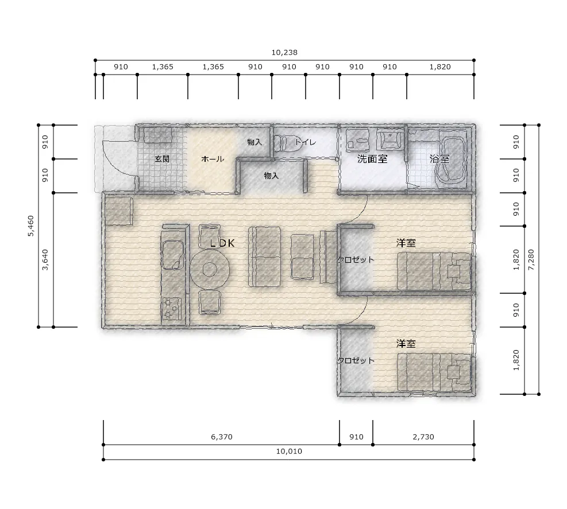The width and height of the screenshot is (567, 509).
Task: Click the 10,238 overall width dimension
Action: point(284,53)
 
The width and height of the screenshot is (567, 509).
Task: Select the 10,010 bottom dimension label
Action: point(289,452)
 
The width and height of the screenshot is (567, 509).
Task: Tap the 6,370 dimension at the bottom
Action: point(222,437)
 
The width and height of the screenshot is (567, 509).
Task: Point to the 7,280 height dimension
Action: point(531,260)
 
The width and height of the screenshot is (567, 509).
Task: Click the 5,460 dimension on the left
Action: point(31,226)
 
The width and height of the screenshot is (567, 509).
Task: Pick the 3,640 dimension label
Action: point(45,260)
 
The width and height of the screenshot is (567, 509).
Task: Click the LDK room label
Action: point(222,243)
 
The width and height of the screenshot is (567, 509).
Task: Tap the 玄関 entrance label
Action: point(162,158)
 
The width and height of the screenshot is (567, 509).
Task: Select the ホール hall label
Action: point(212,158)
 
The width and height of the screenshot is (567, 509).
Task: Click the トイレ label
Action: point(306,142)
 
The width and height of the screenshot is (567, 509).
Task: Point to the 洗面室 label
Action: point(372,158)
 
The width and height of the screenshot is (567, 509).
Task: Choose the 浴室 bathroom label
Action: point(439,158)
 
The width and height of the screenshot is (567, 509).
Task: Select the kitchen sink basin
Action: point(172,255)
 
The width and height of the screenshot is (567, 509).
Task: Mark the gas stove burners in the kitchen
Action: point(171,308)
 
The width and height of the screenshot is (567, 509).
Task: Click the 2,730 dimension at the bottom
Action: point(423,437)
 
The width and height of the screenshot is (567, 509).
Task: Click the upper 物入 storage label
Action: point(254,142)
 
